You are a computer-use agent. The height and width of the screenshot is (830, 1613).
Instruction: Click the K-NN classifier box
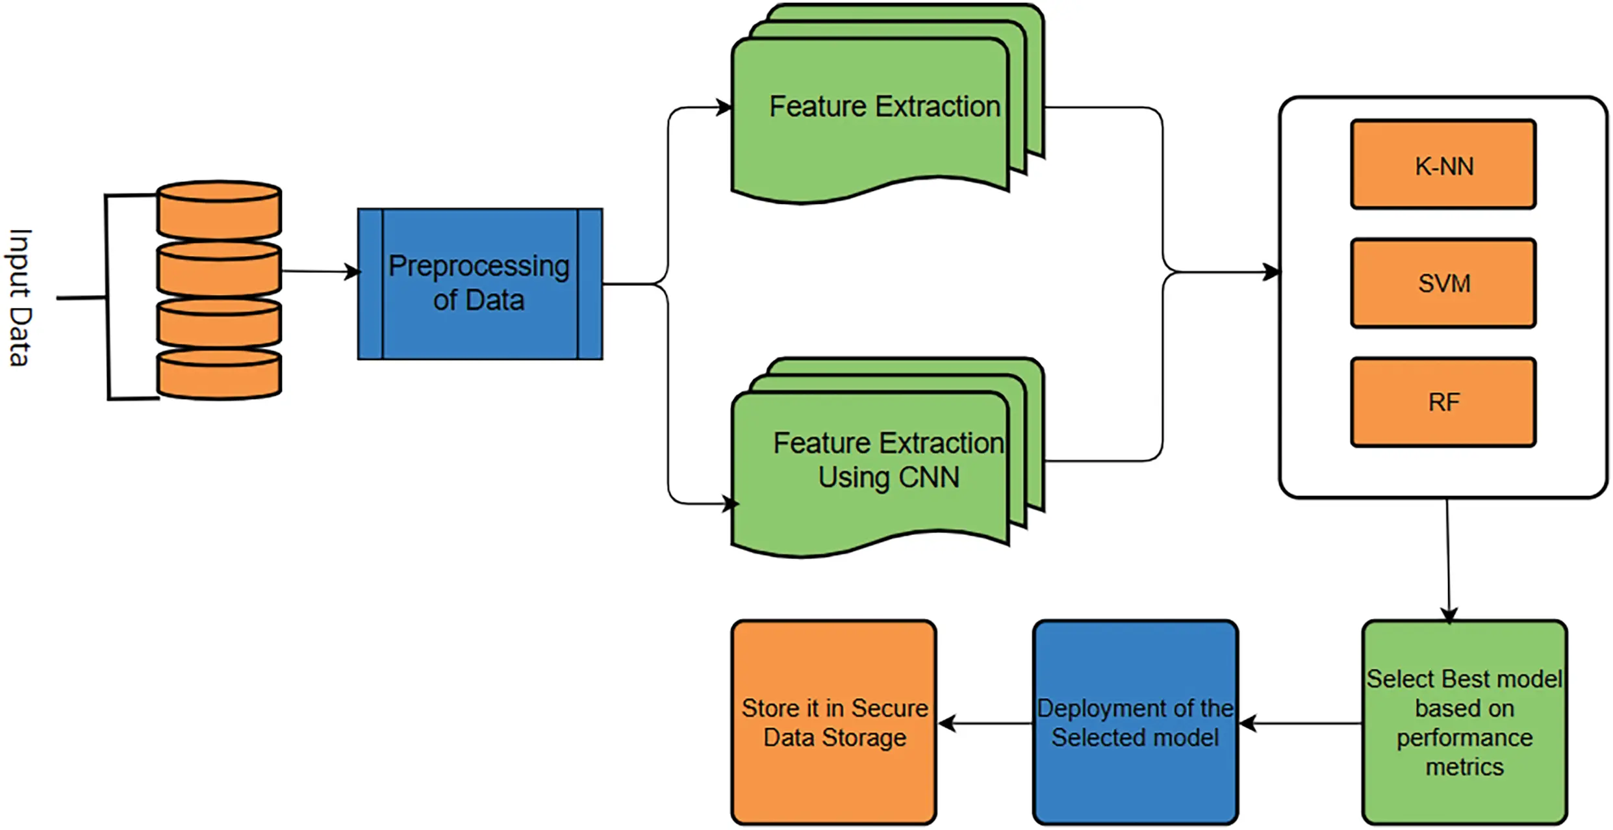tap(1443, 164)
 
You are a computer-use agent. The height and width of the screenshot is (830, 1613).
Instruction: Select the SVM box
tap(1443, 283)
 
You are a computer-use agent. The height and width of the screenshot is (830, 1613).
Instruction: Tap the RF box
tap(1443, 402)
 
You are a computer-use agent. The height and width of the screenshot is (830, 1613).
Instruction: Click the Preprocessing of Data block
tap(479, 284)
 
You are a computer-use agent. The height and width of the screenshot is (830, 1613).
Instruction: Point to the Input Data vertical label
tap(19, 298)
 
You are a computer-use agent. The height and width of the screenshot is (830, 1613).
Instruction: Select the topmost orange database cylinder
tap(219, 210)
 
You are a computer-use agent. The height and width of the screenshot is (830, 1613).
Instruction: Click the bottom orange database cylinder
tap(219, 374)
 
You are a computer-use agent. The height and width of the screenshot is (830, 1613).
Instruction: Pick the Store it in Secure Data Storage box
tap(833, 722)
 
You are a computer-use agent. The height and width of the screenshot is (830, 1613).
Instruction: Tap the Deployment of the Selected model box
tap(1135, 722)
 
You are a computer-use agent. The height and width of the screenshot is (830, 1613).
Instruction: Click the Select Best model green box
tap(1464, 722)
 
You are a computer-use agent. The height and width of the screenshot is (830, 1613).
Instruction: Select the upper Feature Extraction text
tap(884, 107)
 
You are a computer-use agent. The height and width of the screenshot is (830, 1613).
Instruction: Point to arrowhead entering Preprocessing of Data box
tap(353, 272)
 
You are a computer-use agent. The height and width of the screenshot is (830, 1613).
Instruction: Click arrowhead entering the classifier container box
tap(1272, 272)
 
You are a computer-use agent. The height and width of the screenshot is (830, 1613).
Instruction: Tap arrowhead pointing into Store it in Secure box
tap(946, 723)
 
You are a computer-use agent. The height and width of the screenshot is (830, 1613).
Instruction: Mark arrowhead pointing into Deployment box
tap(1247, 723)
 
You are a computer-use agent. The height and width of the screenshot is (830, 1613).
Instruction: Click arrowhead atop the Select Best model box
tap(1449, 615)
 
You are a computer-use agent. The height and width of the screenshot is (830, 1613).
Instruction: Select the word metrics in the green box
tap(1464, 767)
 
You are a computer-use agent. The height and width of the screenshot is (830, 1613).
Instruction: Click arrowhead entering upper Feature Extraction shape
tap(724, 107)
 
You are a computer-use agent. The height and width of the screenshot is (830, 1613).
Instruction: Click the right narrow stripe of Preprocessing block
tap(590, 284)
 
